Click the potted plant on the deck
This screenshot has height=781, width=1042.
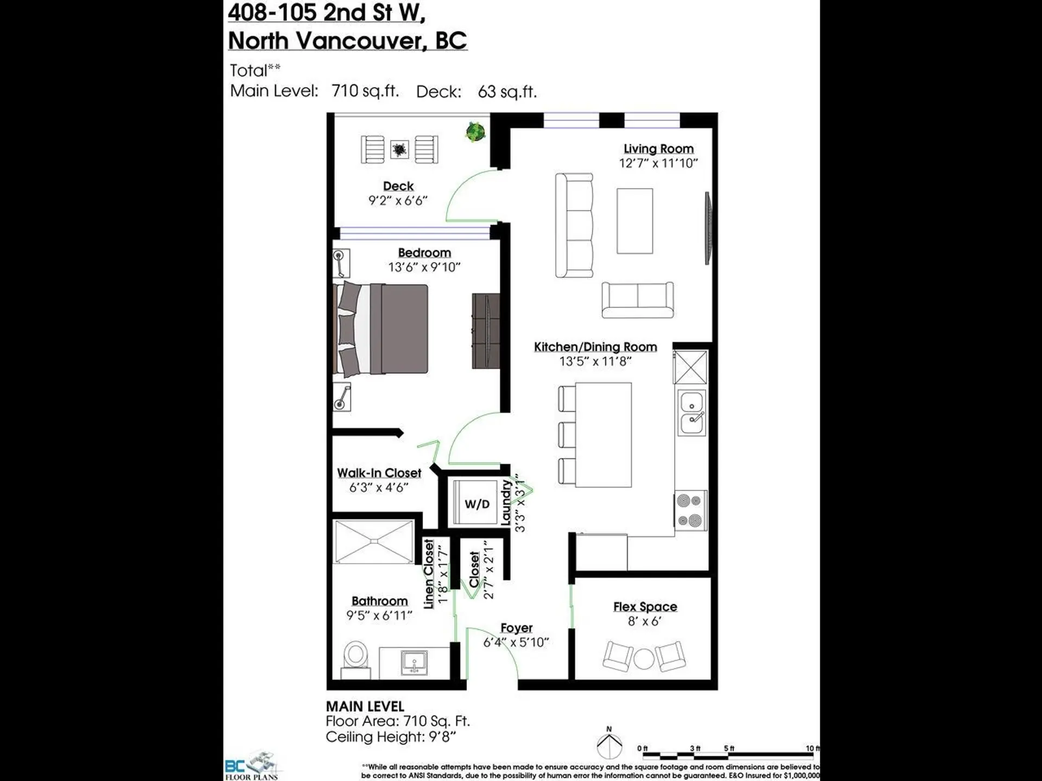pos(475,132)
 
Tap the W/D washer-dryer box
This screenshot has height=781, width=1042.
pos(476,504)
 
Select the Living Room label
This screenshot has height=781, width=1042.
pos(658,149)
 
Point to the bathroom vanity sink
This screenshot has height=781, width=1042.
pos(414,663)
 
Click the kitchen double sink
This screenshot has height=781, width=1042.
pos(692,413)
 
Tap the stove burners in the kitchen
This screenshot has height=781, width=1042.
pos(691,510)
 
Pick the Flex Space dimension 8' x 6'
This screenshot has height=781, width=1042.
pos(645,622)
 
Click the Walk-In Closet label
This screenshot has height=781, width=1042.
pos(379,473)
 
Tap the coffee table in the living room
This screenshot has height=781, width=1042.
pos(634,221)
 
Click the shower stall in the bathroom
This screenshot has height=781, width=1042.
pos(374,541)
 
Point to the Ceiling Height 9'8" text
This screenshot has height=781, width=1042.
pos(390,737)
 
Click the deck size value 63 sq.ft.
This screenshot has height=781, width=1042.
pos(507,92)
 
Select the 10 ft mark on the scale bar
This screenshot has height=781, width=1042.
pos(812,749)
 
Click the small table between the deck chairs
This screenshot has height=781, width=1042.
pos(399,149)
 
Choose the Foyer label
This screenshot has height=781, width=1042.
pos(516,628)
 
